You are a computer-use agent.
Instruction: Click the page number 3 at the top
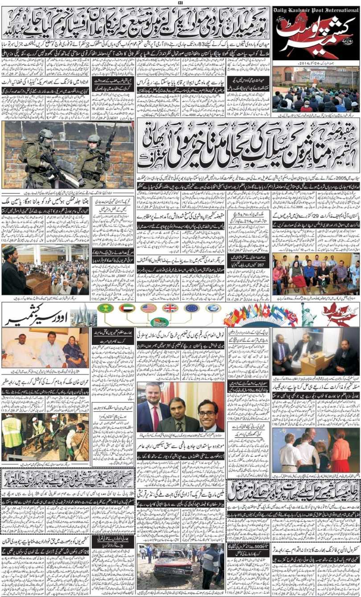coord(180,3)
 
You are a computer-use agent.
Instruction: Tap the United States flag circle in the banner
coord(148,308)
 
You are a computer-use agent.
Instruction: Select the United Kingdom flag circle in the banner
coord(170,308)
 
